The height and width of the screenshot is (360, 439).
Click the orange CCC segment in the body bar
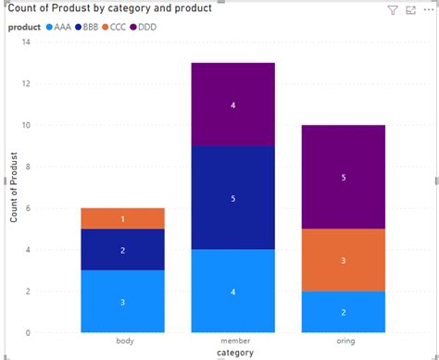(123, 218)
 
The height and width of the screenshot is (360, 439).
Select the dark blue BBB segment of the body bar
(123, 250)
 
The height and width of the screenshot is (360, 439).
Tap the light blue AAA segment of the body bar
(123, 302)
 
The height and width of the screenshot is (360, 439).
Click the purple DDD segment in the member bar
(233, 105)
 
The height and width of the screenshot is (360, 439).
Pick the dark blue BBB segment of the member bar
(233, 197)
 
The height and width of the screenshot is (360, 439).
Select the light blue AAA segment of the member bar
(233, 291)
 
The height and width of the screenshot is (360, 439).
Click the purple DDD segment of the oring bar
(343, 177)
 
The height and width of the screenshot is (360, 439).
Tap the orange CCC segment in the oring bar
(343, 260)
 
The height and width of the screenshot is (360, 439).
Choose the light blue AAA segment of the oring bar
(343, 312)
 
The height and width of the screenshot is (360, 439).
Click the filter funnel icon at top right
(392, 10)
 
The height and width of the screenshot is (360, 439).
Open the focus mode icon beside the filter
(410, 10)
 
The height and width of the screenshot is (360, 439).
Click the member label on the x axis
(233, 341)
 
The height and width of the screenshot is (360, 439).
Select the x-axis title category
(233, 354)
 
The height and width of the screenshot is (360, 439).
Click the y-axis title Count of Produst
(13, 187)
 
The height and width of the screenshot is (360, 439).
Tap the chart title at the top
(110, 9)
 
